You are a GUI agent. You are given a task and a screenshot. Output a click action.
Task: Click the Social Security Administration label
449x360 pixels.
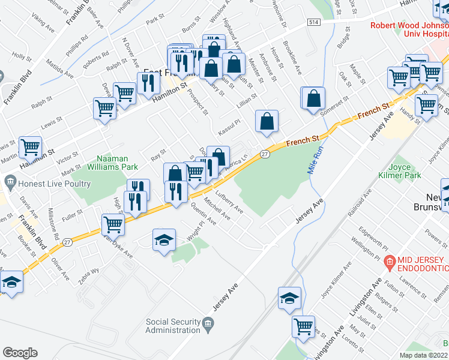pyautogui.click(x=173, y=326)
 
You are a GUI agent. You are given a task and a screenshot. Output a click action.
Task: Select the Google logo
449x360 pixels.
pyautogui.click(x=20, y=353)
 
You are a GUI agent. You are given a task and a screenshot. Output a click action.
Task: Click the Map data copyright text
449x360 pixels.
pyautogui.click(x=424, y=355)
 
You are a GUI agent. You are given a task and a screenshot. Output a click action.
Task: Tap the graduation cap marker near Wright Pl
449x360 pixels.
pyautogui.click(x=164, y=240)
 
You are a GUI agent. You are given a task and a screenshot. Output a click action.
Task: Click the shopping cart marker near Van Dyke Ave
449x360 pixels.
pyautogui.click(x=113, y=224)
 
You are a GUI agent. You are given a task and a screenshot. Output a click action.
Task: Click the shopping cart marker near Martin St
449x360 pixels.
pyautogui.click(x=30, y=146)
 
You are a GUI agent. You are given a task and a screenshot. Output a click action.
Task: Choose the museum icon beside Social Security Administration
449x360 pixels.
pyautogui.click(x=208, y=325)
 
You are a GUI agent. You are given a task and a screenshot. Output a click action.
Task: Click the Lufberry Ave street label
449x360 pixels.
pyautogui.click(x=230, y=204)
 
